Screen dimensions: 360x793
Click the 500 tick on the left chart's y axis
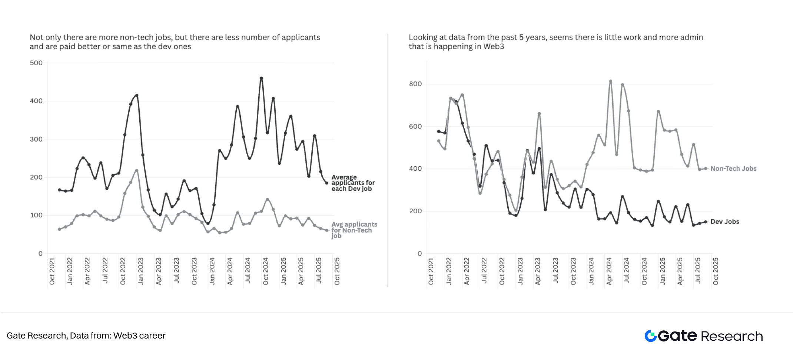click(36, 63)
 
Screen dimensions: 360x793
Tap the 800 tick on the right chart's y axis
click(415, 84)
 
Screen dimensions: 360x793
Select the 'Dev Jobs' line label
click(724, 221)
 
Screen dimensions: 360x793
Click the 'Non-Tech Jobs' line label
click(733, 169)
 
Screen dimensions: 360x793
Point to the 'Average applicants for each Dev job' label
click(353, 183)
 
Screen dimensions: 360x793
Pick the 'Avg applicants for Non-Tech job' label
click(354, 230)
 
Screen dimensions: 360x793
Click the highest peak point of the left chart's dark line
click(261, 78)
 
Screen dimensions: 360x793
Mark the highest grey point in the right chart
click(610, 81)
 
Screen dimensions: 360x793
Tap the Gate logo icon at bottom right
click(651, 336)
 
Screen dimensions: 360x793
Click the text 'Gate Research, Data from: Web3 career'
click(86, 336)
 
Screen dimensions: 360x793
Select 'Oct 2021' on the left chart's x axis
click(52, 271)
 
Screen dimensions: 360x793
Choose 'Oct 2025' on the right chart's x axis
click(716, 271)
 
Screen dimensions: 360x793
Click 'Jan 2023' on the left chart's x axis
click(141, 271)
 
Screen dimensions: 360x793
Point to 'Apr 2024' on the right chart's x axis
click(609, 271)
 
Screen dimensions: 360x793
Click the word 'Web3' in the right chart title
click(494, 47)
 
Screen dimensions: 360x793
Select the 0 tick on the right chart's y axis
click(419, 254)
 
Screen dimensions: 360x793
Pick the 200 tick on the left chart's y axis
click(36, 177)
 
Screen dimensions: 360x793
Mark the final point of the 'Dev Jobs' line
click(706, 222)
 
